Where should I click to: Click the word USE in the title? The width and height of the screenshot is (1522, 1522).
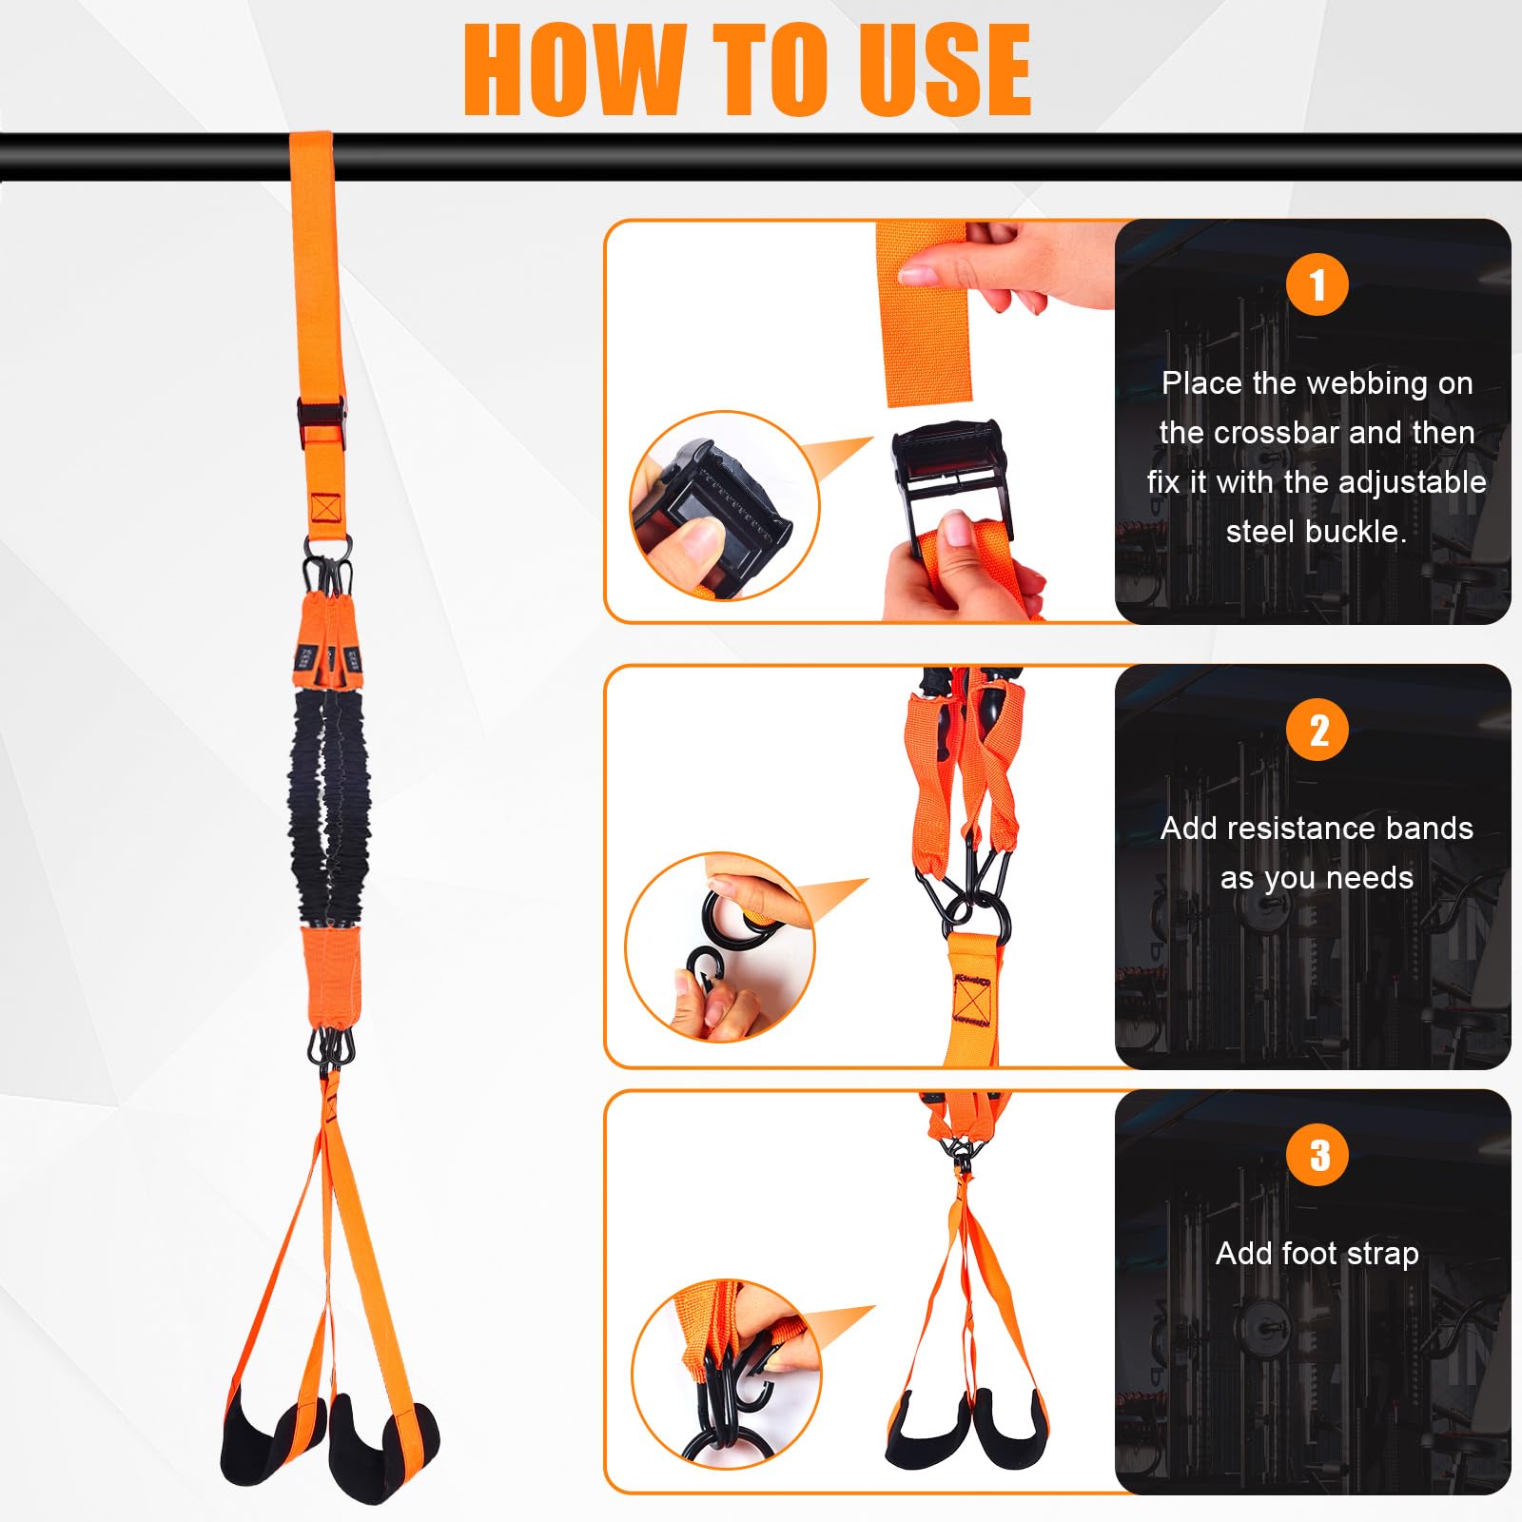point(945,69)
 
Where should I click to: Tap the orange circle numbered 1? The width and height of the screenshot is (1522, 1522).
point(1317,284)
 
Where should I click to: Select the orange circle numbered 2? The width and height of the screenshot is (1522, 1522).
point(1317,730)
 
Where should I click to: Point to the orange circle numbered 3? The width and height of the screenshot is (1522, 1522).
point(1317,1154)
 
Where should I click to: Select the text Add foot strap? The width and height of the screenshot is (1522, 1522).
point(1317,1255)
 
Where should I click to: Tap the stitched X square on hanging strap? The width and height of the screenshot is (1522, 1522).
point(325,509)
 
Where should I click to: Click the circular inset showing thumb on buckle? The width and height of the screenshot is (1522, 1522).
point(724,506)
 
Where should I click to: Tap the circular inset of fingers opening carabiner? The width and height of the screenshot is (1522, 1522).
point(720,946)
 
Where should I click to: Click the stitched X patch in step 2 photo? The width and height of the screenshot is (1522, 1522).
point(971,1000)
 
